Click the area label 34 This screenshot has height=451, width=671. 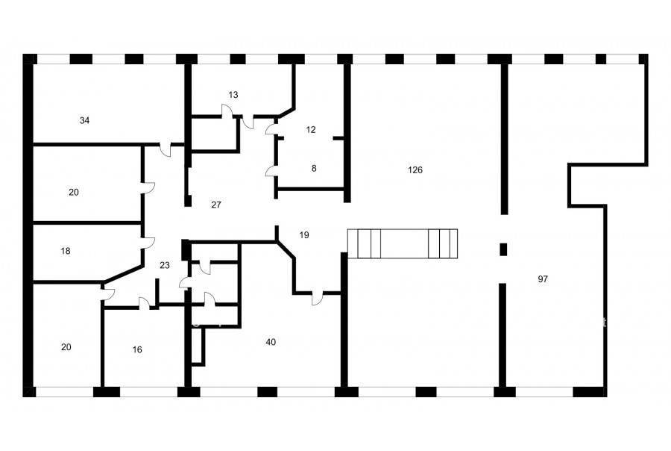[x=84, y=120]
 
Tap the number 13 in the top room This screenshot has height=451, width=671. [x=233, y=95]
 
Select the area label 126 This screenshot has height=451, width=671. [x=415, y=169]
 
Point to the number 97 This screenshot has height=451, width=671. [x=543, y=279]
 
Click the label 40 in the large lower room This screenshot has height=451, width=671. [x=271, y=342]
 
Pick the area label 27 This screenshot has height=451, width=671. [x=216, y=205]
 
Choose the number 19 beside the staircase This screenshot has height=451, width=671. [x=304, y=235]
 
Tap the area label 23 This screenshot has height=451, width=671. [x=165, y=265]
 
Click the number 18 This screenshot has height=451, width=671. [x=66, y=251]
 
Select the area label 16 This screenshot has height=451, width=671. [x=137, y=350]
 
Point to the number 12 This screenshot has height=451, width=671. [x=311, y=129]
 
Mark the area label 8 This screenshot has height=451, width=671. [x=314, y=169]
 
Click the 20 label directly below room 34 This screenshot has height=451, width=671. [x=74, y=192]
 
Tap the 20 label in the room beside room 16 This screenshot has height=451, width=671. [x=66, y=346]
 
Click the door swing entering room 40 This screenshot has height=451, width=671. [x=318, y=299]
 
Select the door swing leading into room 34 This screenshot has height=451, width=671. [x=166, y=149]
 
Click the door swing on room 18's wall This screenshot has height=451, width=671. [x=148, y=243]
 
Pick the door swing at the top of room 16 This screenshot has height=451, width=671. [x=144, y=302]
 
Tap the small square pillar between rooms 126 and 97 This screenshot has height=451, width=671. [x=504, y=249]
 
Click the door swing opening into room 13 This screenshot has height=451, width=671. [x=227, y=111]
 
